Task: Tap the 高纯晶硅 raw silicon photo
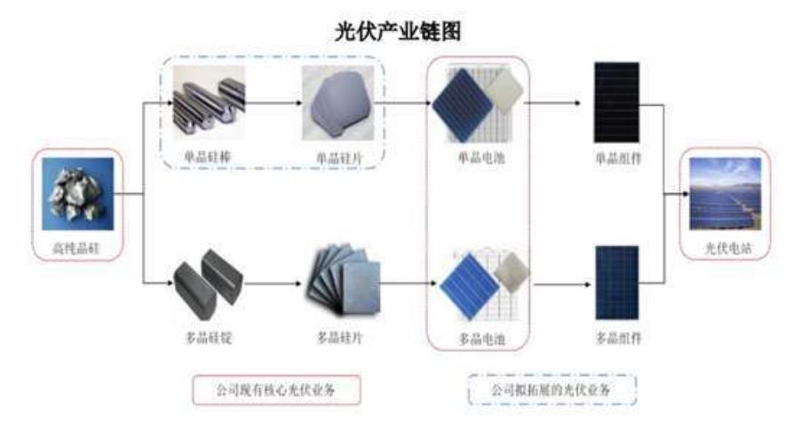[77, 194]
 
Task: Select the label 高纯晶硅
[77, 248]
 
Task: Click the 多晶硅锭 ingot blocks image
[204, 284]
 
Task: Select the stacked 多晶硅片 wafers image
[343, 280]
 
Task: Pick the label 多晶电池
[480, 339]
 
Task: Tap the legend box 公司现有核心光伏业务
[277, 388]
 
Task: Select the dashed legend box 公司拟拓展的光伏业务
[552, 388]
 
